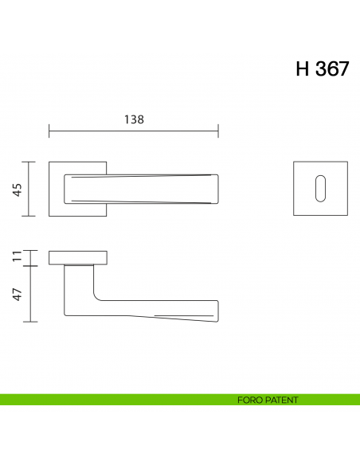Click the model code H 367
point(322,68)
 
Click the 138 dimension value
point(133,119)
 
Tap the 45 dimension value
point(17,189)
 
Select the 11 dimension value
point(17,257)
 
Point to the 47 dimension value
point(17,293)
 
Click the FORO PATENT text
point(268,400)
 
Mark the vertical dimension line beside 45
point(31,189)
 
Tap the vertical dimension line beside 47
point(31,293)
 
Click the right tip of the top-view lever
point(217,189)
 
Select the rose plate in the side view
point(77,257)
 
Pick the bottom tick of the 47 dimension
point(31,321)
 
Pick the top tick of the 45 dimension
point(31,162)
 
